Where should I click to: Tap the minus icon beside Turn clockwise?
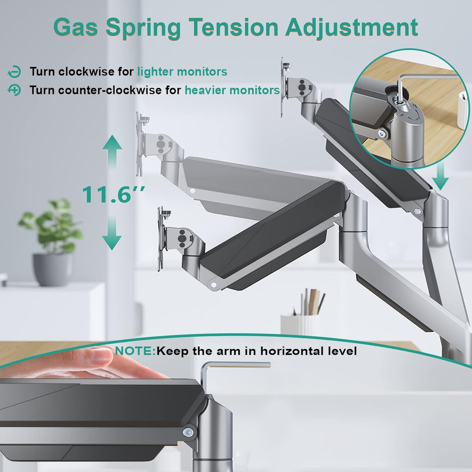click(x=14, y=72)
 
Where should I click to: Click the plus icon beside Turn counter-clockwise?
click(x=14, y=90)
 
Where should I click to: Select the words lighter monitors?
click(x=182, y=72)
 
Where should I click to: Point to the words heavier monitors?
click(x=232, y=90)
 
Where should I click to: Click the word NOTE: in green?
click(x=136, y=351)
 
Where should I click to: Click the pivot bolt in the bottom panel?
click(x=189, y=432)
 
